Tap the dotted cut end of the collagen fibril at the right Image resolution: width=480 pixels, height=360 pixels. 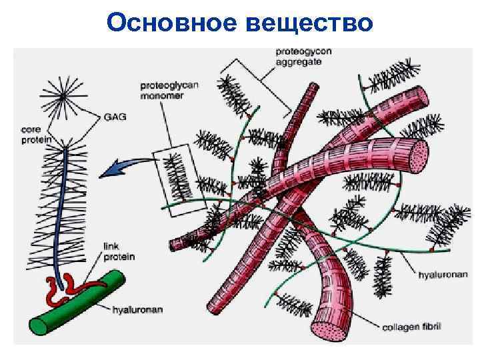tap(418, 155)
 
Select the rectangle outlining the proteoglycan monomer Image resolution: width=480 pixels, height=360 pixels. tap(177, 180)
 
